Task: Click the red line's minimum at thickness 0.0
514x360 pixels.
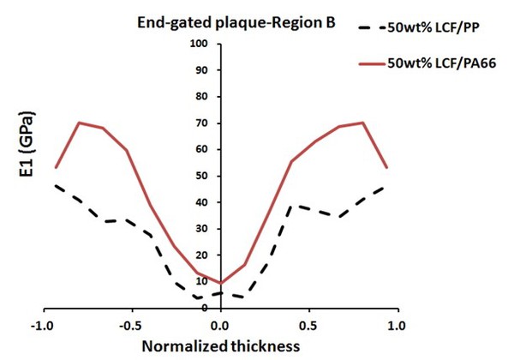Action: pyautogui.click(x=219, y=283)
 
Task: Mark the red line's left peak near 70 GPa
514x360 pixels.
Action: pyautogui.click(x=79, y=123)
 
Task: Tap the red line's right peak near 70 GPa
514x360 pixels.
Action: pyautogui.click(x=362, y=123)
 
